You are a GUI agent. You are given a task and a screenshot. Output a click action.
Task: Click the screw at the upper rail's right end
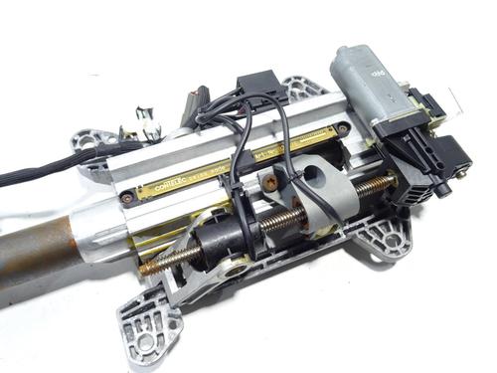[343, 128]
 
